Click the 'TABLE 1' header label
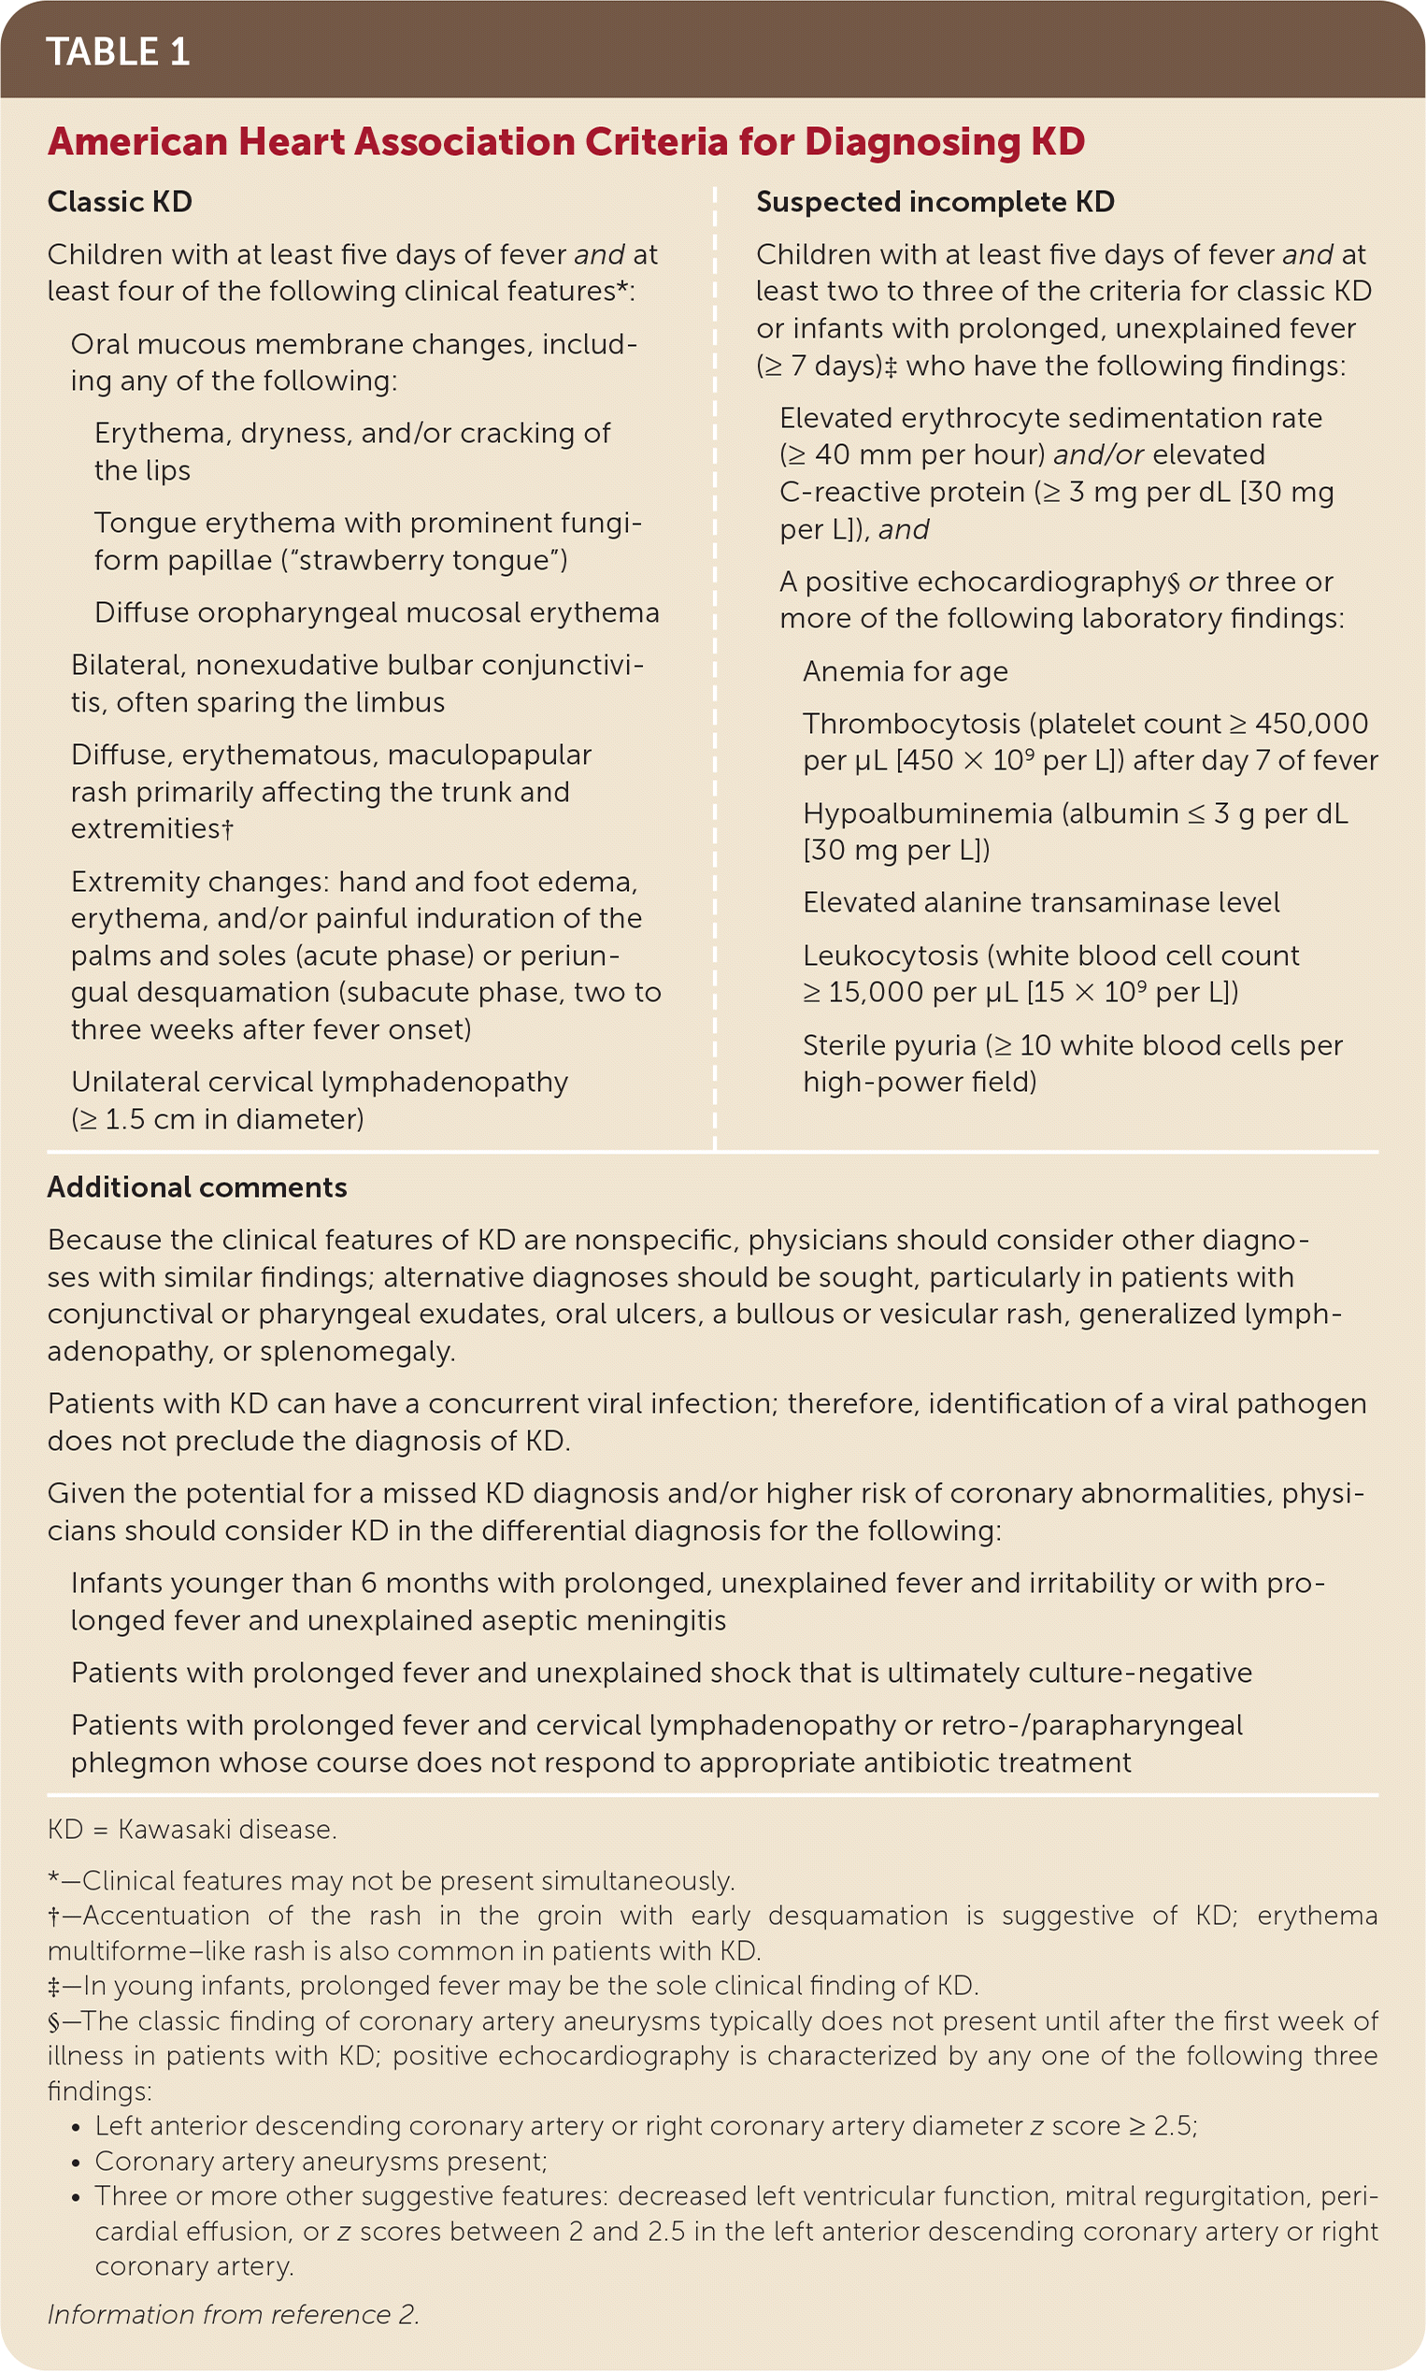pyautogui.click(x=118, y=52)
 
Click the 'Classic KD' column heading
pyautogui.click(x=120, y=202)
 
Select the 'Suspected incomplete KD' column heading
pyautogui.click(x=935, y=202)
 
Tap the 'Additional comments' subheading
pyautogui.click(x=197, y=1187)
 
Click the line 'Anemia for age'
pyautogui.click(x=905, y=670)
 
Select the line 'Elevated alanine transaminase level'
pyautogui.click(x=1040, y=902)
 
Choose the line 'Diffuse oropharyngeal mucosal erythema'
pyautogui.click(x=376, y=612)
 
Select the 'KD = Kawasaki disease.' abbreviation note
pyautogui.click(x=192, y=1829)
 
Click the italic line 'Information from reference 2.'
pyautogui.click(x=233, y=2313)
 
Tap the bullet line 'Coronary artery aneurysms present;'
pyautogui.click(x=321, y=2161)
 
